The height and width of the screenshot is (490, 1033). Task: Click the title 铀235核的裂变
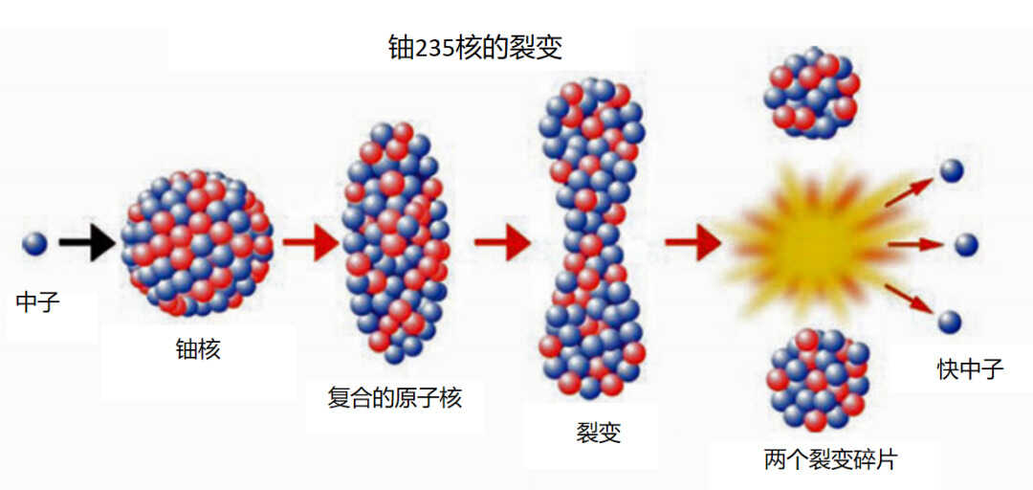pos(476,48)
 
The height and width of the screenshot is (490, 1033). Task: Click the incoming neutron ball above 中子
pos(34,243)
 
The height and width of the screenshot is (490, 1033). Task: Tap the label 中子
pos(37,303)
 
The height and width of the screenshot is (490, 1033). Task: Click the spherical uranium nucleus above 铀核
pos(196,243)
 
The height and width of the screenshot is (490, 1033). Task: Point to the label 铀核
pos(197,349)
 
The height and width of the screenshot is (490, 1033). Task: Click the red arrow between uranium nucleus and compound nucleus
pos(311,242)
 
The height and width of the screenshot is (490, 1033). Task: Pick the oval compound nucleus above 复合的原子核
pos(395,243)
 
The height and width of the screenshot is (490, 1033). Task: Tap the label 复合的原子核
pos(395,398)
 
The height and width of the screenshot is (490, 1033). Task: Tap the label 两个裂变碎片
pos(831,459)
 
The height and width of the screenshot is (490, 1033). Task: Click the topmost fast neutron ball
pos(952,170)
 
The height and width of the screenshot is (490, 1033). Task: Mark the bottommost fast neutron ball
pos(950,322)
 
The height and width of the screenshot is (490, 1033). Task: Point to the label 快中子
pos(971,369)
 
